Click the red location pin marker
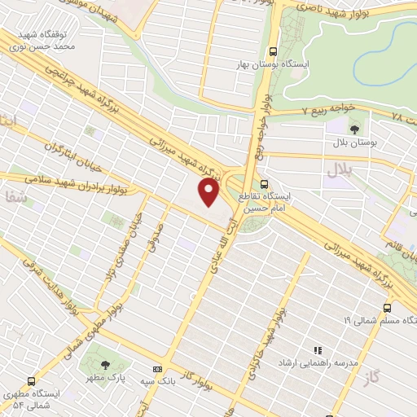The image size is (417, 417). point(210,191)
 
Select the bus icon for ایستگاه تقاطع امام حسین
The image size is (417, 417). point(265,183)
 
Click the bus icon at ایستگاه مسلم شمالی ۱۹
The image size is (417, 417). point(387,307)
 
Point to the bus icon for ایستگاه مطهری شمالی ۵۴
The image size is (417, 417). point(31,380)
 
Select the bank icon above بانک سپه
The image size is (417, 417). point(156,370)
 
